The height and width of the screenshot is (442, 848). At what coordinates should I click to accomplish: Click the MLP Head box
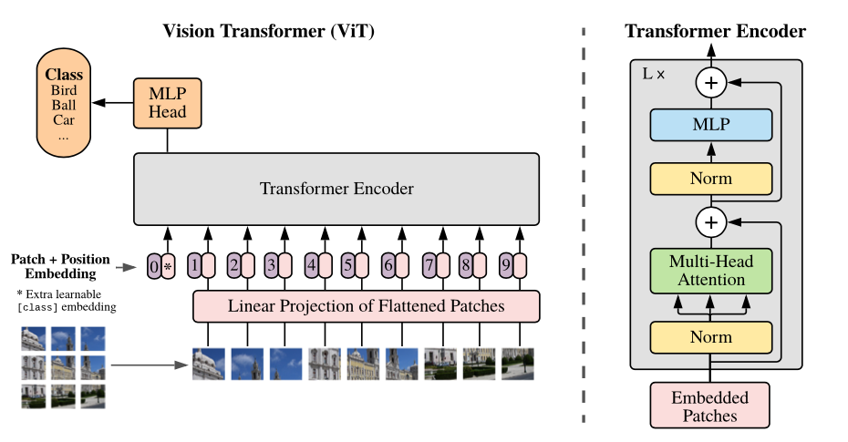click(167, 102)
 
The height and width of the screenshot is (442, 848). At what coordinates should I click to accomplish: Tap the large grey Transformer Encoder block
click(336, 189)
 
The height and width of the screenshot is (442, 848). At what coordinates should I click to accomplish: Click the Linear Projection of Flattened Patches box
click(366, 306)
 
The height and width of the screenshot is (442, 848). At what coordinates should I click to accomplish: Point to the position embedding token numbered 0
click(153, 266)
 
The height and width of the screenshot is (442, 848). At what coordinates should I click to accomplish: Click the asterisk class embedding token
click(168, 266)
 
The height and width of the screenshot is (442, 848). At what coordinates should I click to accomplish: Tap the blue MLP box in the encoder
click(711, 125)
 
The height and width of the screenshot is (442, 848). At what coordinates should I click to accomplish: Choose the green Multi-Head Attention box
click(711, 271)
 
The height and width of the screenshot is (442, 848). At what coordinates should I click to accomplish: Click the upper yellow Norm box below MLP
click(711, 179)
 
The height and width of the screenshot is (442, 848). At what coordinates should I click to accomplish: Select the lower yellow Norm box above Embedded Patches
click(711, 337)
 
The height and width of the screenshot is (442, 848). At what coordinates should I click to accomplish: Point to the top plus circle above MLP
click(710, 83)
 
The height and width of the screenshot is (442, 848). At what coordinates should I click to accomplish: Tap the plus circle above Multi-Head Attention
click(710, 221)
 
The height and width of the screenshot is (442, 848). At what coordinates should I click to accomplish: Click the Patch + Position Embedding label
click(54, 266)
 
